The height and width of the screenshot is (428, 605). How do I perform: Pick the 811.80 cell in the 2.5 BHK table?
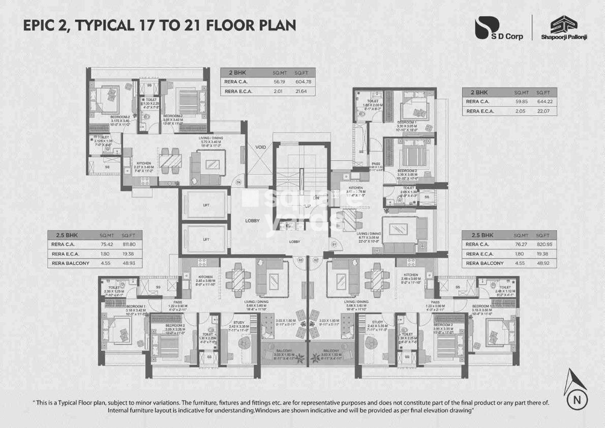130,244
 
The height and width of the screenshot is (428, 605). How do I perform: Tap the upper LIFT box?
206,205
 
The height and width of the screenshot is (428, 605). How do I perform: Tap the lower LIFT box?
206,239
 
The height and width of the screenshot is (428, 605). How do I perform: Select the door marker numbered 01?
334,245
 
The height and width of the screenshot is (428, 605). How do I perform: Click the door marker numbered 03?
300,260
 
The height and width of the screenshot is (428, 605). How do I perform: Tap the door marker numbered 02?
316,260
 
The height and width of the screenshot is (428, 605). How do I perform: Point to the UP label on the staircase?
307,206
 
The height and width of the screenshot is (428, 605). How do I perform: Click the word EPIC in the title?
43,25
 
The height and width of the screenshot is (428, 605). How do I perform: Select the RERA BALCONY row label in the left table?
70,263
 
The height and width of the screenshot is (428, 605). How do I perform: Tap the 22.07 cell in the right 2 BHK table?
545,111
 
